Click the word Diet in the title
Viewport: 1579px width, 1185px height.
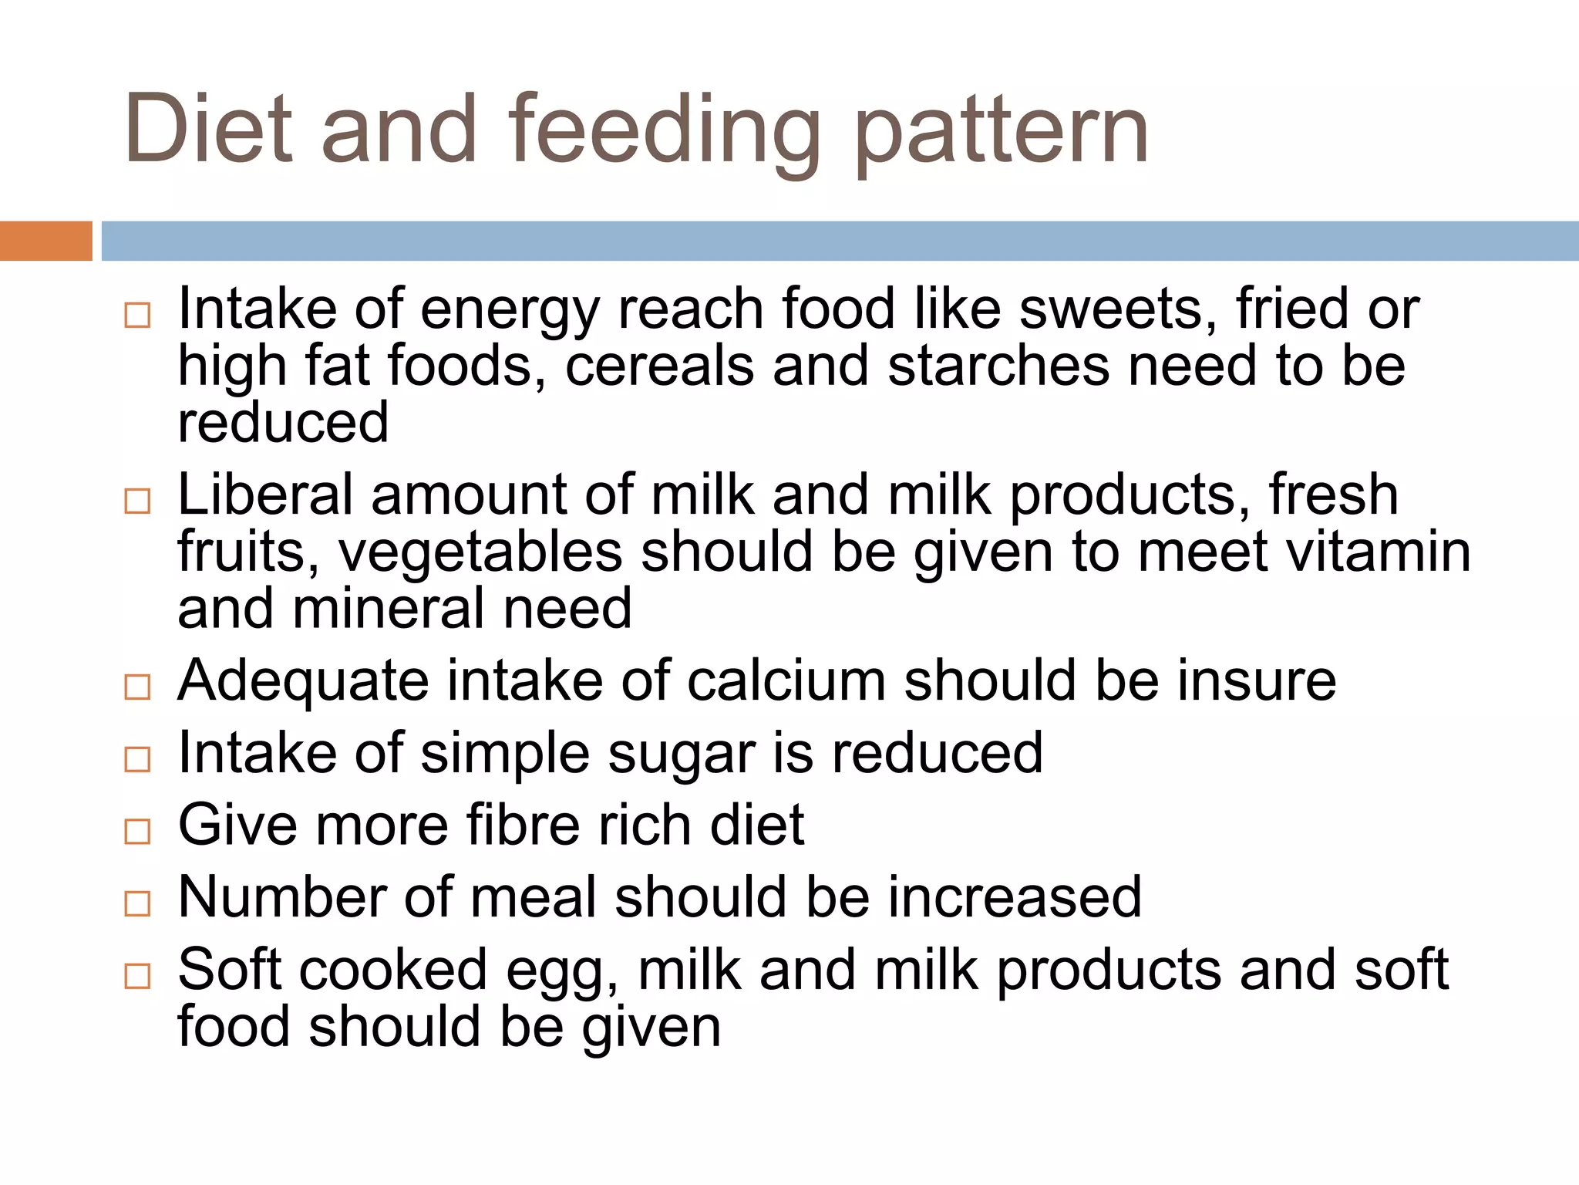click(x=208, y=129)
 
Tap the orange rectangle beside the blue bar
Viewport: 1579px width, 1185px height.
click(x=45, y=241)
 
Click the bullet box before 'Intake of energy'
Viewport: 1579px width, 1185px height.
click(x=137, y=316)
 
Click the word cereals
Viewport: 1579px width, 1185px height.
click(x=659, y=366)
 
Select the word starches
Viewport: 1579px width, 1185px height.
click(x=998, y=366)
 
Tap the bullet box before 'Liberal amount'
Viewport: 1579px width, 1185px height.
click(x=137, y=501)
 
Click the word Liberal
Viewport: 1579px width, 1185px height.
click(x=265, y=495)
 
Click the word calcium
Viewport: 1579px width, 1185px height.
click(x=786, y=681)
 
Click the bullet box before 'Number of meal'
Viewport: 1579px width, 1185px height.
click(x=137, y=903)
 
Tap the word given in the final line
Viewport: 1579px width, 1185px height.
click(x=651, y=1028)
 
